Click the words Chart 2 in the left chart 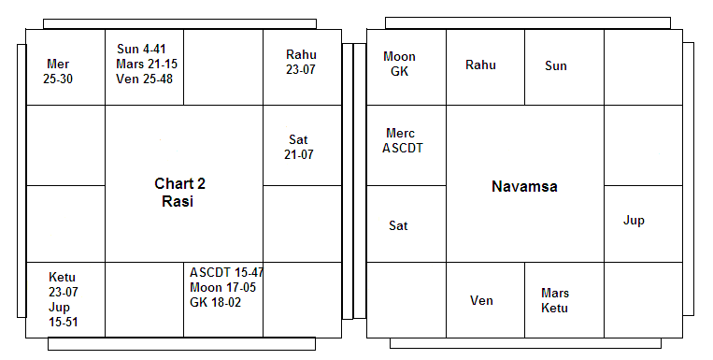pos(179,183)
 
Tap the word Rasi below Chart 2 pos(178,201)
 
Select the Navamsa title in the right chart pos(524,186)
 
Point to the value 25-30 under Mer pos(58,79)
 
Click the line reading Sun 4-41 pos(141,49)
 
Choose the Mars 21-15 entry pos(147,64)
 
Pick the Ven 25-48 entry pos(144,79)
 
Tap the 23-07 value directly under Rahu pos(300,69)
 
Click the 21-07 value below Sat pos(299,154)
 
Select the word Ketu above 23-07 pos(62,277)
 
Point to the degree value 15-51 pos(64,323)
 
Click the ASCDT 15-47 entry pos(226,273)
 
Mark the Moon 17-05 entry pos(222,288)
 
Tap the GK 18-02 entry pos(215,303)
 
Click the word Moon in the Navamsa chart pos(399,56)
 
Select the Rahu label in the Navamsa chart pos(480,65)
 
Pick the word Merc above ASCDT pos(400,134)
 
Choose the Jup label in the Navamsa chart pos(634,221)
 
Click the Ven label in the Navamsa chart pos(481,301)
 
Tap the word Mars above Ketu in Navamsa pos(555,293)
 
